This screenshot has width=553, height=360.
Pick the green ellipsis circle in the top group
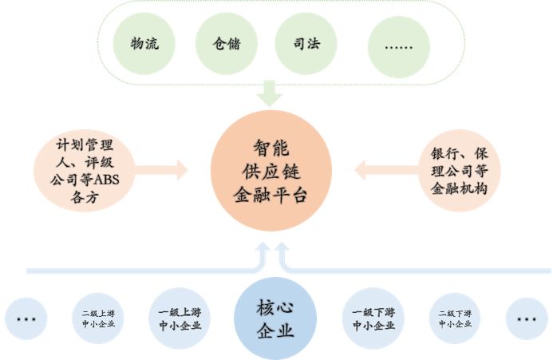point(398,44)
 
